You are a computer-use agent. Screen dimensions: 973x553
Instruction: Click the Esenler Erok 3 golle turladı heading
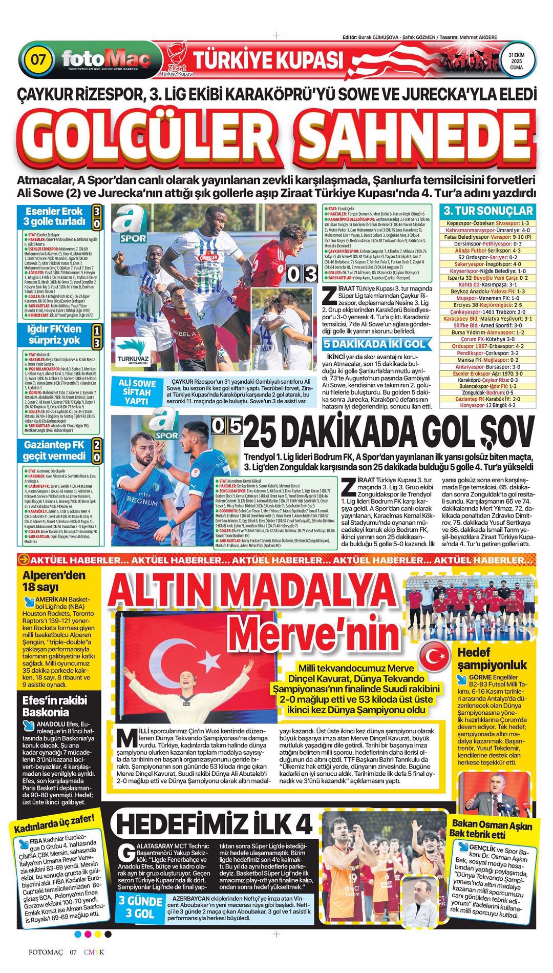point(54,216)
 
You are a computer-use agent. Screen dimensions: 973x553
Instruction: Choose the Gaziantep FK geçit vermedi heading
point(54,450)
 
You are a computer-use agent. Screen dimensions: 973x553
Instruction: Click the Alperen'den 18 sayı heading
point(54,581)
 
